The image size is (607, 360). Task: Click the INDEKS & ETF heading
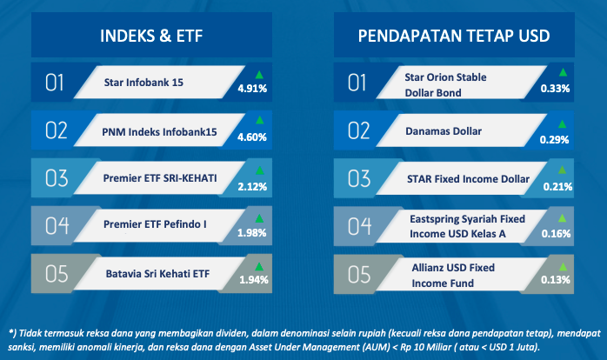151,36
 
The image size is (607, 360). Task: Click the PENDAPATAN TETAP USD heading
454,36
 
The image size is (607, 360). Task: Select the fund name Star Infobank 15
143,83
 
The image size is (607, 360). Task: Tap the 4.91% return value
252,89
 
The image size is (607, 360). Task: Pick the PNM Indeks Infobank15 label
159,132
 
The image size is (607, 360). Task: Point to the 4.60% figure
252,137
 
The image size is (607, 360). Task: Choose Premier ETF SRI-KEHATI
160,178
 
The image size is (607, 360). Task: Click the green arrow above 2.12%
260,170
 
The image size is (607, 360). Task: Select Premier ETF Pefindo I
155,224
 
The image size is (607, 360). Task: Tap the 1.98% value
251,233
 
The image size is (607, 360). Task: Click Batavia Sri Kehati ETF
157,274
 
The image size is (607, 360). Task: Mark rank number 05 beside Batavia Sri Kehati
57,274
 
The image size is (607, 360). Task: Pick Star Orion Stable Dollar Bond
445,85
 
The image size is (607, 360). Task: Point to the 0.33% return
555,89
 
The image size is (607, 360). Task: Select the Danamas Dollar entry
444,131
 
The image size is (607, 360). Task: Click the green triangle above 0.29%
562,123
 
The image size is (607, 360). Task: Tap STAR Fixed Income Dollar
468,179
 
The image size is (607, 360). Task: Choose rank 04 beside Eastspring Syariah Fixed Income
359,226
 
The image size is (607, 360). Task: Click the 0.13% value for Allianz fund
556,280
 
